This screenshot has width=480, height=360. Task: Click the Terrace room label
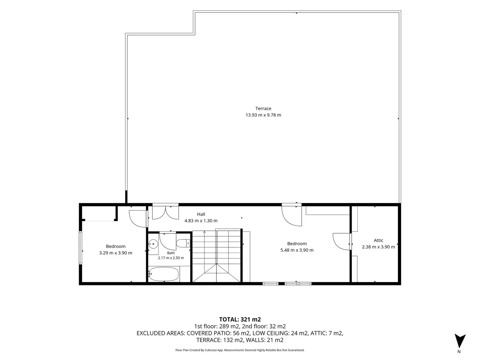point(263,108)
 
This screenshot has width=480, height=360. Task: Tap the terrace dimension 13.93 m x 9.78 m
point(263,115)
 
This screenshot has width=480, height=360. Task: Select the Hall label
point(201,214)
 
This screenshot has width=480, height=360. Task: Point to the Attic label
point(378,240)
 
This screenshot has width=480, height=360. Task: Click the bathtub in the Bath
point(164,274)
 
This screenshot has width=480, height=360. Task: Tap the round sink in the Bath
point(153,244)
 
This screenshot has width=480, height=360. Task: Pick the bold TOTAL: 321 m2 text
point(240,320)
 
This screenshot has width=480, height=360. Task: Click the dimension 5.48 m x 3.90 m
point(297,250)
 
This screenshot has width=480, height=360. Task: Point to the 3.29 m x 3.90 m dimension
point(115,253)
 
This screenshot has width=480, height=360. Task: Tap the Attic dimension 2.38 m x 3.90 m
point(378,247)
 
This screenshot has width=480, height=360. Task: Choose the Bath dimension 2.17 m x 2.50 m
point(171,258)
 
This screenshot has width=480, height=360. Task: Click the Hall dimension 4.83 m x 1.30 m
point(201,221)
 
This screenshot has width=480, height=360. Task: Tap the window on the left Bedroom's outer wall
point(80,248)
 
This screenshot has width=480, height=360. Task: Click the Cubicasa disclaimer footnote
point(240,350)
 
